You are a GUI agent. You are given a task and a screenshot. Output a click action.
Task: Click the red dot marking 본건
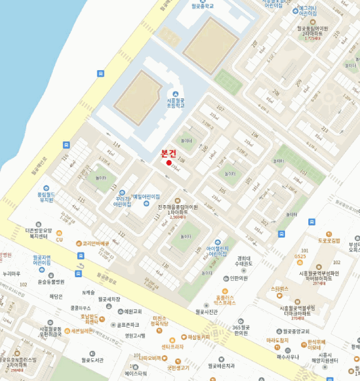[169, 163]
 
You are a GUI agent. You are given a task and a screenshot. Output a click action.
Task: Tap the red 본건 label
[169, 153]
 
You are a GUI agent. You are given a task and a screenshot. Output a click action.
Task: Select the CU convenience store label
[59, 239]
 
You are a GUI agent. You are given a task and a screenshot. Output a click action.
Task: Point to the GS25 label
[300, 256]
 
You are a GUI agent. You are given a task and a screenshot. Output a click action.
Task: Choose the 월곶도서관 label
[92, 360]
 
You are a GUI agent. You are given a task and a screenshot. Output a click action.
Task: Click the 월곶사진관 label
[206, 312]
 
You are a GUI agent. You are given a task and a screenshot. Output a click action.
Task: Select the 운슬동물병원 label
[51, 282]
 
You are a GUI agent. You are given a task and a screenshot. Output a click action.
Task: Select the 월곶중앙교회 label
[296, 331]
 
